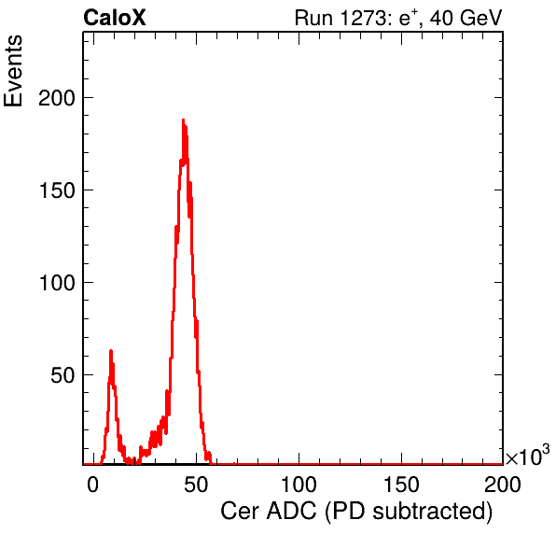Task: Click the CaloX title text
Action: (x=115, y=18)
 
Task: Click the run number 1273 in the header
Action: (x=364, y=18)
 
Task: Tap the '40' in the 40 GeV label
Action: (x=442, y=18)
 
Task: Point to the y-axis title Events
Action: (x=13, y=71)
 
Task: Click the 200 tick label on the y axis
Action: (x=57, y=98)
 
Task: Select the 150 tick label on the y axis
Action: (x=57, y=190)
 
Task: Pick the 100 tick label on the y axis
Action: (x=57, y=283)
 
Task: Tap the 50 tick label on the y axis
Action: (x=63, y=375)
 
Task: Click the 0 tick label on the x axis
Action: (x=93, y=485)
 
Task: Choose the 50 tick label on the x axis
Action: (x=196, y=485)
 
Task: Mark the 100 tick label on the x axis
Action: (x=299, y=485)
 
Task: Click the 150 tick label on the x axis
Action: (x=401, y=485)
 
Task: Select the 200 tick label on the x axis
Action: (x=503, y=485)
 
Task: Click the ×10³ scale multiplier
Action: (x=528, y=456)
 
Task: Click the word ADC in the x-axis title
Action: (x=291, y=512)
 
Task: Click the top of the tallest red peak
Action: (x=183, y=119)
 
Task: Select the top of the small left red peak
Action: (x=111, y=351)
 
